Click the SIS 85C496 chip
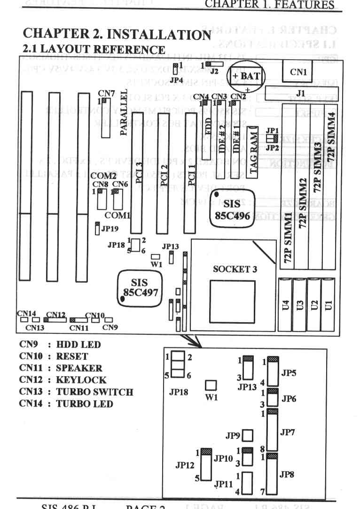point(232,210)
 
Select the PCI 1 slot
point(189,173)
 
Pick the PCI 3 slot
point(137,173)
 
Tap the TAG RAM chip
point(253,151)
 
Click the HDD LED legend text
point(78,345)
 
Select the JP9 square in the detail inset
point(248,435)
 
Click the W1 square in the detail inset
point(212,386)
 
